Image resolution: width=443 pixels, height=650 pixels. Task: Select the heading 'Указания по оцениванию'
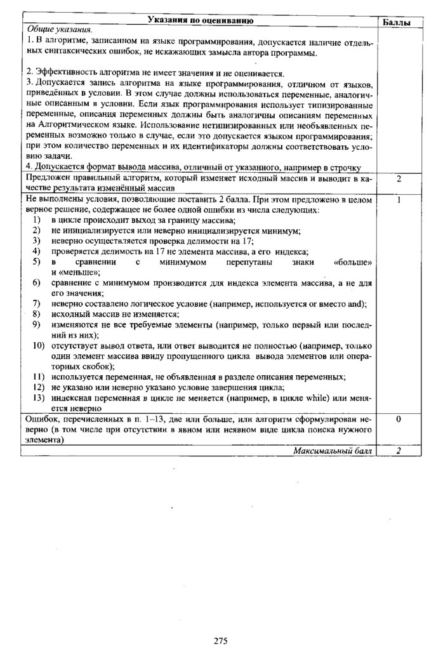point(201,21)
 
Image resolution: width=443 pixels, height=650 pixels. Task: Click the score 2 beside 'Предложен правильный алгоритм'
point(398,179)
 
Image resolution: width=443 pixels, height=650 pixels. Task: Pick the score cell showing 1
point(398,200)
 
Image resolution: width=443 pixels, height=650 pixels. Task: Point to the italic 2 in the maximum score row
point(398,450)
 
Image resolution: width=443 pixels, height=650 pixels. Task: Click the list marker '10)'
point(39,345)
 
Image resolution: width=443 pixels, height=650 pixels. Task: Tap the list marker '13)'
point(39,398)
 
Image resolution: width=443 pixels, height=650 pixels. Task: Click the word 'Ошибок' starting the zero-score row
point(39,420)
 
